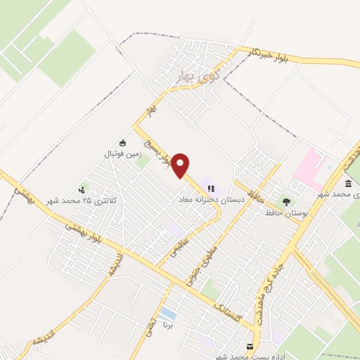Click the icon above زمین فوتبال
123,143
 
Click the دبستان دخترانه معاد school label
211,200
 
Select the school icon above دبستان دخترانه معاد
211,188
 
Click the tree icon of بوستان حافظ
285,201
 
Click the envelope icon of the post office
250,346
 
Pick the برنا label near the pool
167,326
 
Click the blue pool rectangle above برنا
168,312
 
